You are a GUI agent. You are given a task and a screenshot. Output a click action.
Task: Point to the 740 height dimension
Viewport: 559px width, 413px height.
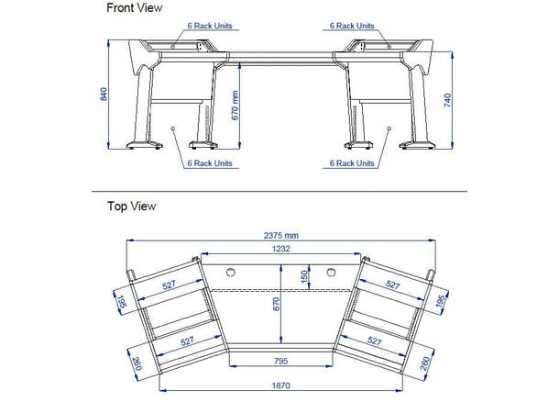coord(447,101)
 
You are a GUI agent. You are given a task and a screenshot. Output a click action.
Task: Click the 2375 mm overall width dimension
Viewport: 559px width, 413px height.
coord(280,236)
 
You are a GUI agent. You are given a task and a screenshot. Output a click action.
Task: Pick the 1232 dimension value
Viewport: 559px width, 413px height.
coord(280,248)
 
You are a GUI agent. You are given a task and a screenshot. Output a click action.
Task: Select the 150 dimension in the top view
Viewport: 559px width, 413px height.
coord(304,276)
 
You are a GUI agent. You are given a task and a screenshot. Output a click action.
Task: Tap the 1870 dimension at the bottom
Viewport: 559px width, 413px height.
coord(280,385)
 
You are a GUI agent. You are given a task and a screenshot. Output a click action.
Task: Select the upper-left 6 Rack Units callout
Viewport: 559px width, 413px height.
coord(210,26)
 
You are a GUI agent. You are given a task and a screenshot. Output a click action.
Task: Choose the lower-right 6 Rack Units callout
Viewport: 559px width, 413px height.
coord(351,162)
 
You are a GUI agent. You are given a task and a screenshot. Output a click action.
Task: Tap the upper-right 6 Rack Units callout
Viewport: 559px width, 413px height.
coord(351,26)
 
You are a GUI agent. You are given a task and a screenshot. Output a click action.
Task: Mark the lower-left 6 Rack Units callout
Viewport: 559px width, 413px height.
coord(210,162)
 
